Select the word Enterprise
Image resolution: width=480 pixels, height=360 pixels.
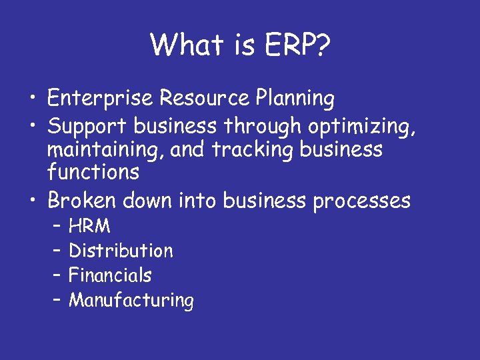pyautogui.click(x=101, y=99)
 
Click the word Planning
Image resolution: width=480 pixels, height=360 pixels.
pyautogui.click(x=295, y=99)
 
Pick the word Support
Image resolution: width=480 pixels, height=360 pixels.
pyautogui.click(x=87, y=125)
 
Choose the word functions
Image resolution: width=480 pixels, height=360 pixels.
pyautogui.click(x=93, y=173)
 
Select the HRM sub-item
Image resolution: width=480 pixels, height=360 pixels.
pyautogui.click(x=90, y=227)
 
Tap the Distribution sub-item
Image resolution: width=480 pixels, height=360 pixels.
pyautogui.click(x=121, y=251)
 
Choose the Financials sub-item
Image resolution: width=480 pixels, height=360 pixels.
pyautogui.click(x=110, y=275)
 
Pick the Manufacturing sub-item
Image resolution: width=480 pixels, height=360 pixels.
pyautogui.click(x=131, y=300)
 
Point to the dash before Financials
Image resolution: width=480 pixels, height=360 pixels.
pyautogui.click(x=56, y=275)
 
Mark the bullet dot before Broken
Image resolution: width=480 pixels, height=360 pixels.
pyautogui.click(x=34, y=201)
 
